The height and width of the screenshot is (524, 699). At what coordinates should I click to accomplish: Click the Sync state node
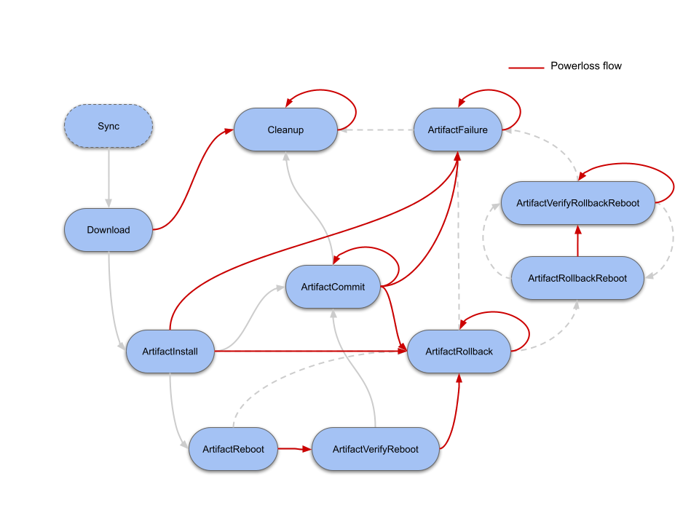pos(108,127)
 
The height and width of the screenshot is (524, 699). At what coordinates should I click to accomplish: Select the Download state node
pos(108,230)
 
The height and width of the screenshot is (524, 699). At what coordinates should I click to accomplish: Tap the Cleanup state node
pos(285,130)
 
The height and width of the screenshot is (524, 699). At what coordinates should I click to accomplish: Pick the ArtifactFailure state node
pos(458,130)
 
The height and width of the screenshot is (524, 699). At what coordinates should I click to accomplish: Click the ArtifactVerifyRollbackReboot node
pos(577,203)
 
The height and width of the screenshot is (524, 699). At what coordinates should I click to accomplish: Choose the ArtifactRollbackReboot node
pos(577,278)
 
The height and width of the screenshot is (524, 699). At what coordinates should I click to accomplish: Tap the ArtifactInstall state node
pos(170,352)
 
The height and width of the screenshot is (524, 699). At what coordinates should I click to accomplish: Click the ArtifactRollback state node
pos(459,352)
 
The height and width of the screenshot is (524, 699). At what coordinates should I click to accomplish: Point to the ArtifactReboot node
pos(233,449)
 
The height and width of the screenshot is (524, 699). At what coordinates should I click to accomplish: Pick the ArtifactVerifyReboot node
pos(375,449)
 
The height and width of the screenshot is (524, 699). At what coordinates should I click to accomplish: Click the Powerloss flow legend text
pos(585,66)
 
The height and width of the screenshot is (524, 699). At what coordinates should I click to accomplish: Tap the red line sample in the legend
pos(526,68)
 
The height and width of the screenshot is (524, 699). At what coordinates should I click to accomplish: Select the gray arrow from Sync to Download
pos(108,178)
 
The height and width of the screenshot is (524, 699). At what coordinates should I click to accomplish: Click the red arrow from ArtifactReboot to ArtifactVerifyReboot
pos(295,449)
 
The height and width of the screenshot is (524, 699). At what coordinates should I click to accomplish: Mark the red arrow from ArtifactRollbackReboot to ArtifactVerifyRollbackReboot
pos(577,240)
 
